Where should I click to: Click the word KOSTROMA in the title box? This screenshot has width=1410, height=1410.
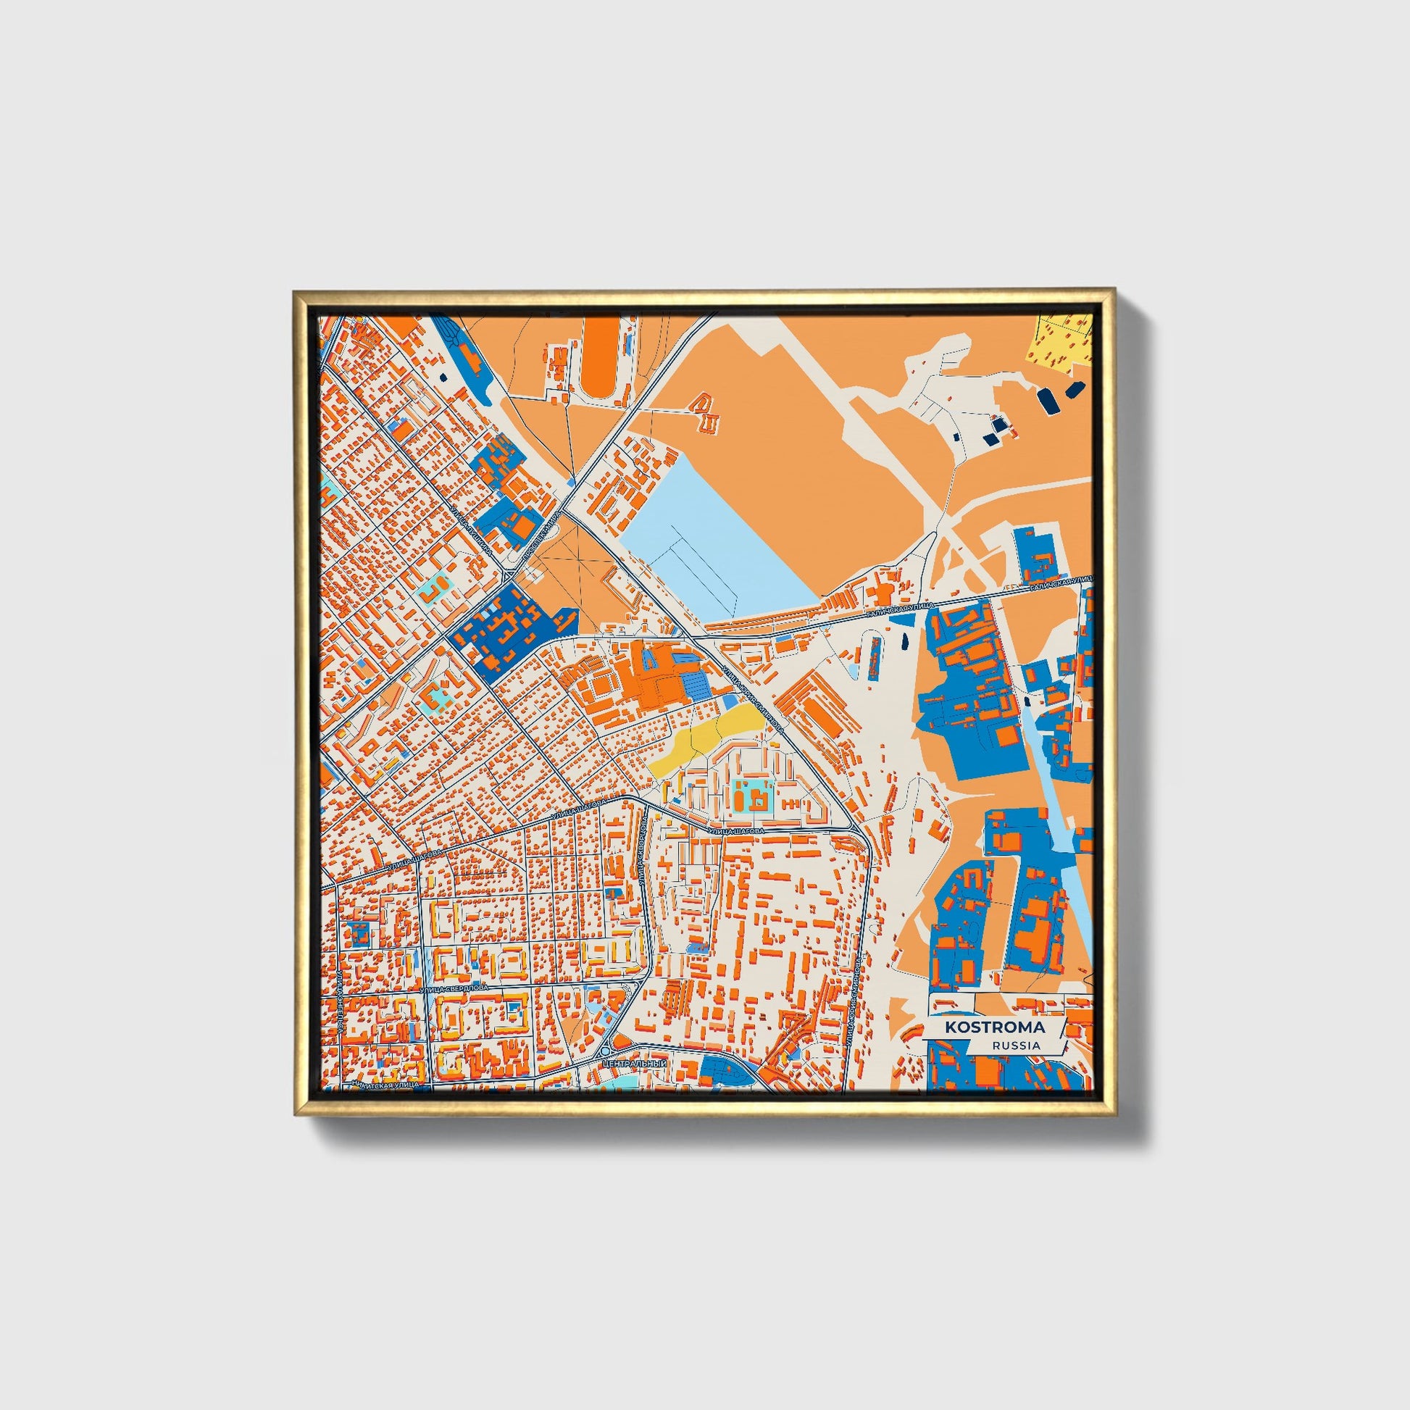coord(994,1027)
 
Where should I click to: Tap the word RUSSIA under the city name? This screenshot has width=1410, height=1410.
coord(1016,1045)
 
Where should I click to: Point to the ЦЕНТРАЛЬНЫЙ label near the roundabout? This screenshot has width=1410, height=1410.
coord(635,1065)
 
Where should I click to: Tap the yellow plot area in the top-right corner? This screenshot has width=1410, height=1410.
coord(1062,338)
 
